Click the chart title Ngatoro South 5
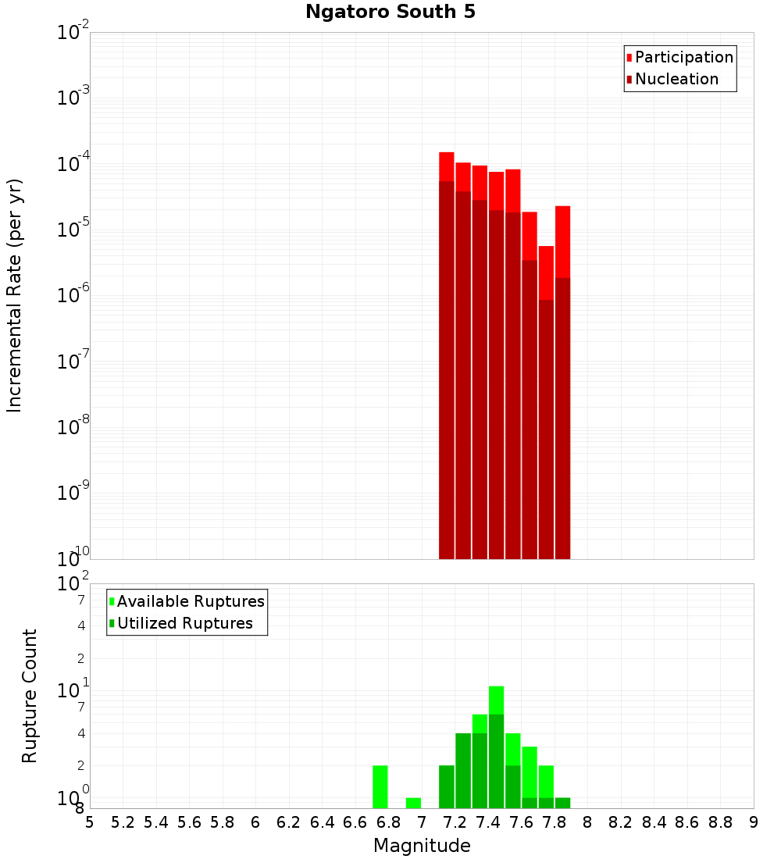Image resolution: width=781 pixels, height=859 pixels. (390, 12)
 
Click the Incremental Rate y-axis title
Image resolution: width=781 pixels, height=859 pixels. (15, 295)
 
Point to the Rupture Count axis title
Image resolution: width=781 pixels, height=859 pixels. (30, 696)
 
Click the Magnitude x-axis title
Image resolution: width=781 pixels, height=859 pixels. (422, 846)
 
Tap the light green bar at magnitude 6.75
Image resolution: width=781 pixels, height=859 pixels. (380, 786)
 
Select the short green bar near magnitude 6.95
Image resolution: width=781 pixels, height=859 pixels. (414, 803)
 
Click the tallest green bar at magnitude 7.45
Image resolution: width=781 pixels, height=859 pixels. (496, 747)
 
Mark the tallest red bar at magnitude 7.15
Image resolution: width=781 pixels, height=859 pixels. (447, 355)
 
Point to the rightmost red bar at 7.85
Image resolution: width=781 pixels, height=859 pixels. (562, 382)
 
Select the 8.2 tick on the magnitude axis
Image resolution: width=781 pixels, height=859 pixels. (621, 822)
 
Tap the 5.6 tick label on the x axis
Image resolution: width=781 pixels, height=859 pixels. (189, 822)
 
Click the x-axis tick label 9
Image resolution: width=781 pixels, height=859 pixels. (754, 822)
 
